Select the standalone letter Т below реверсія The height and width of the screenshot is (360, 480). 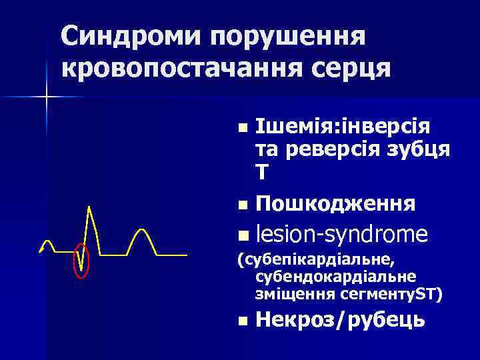pos(261,173)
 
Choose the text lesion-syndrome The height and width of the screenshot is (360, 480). pos(341,234)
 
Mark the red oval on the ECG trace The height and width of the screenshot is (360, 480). pos(81,260)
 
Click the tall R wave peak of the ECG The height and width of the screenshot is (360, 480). pos(89,209)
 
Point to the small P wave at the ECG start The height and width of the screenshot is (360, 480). pos(47,243)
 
